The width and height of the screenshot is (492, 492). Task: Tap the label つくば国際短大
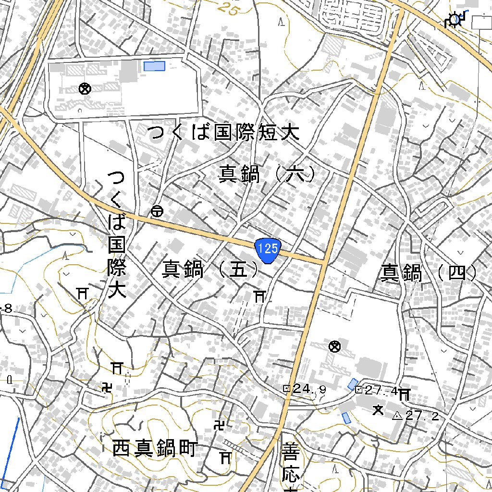tap(223, 133)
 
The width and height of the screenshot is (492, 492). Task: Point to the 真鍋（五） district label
tap(210, 270)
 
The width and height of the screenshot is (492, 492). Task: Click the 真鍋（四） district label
tap(429, 273)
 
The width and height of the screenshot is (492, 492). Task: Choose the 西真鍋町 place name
tap(154, 449)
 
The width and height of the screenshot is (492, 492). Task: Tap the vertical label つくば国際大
tap(116, 234)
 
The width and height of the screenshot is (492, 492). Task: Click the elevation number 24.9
tap(309, 389)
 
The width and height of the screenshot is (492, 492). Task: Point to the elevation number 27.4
tap(380, 391)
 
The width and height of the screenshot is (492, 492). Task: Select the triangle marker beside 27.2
tap(397, 416)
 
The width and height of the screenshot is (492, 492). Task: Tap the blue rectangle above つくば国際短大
tap(154, 66)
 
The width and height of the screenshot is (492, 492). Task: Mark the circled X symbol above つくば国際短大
tap(85, 88)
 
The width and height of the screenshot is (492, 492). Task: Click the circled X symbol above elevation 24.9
tap(334, 346)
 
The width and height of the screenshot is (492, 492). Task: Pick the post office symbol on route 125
tap(157, 210)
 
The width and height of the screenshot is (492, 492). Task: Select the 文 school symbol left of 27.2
tap(378, 410)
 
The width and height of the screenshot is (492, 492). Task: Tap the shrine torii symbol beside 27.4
tap(404, 394)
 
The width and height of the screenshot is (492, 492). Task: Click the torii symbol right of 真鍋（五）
tap(259, 296)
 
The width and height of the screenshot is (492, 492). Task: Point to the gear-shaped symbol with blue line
tap(453, 20)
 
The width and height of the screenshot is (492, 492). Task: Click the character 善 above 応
tap(290, 452)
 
